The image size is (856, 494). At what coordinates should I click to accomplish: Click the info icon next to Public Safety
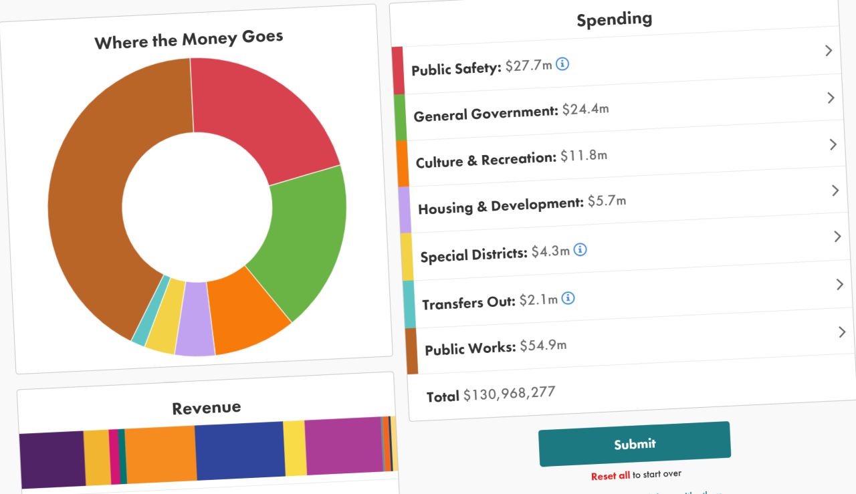coord(562,64)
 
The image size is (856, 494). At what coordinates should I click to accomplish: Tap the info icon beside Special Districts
coord(580,250)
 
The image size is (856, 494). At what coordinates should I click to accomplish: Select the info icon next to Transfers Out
coord(568,298)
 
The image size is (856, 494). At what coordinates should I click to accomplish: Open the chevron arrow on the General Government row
coord(831,98)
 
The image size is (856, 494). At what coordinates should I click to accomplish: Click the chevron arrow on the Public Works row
coord(842,332)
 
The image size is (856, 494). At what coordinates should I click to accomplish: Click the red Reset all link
coord(610,476)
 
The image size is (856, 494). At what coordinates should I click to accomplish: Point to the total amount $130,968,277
coord(509,394)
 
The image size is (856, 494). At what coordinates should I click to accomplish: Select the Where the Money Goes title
coord(189,39)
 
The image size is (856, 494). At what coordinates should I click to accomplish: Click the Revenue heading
coord(206,408)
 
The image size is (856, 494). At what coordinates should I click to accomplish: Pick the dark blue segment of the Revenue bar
coord(240,451)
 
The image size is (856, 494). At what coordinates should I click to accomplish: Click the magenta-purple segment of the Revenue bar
coord(343,447)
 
